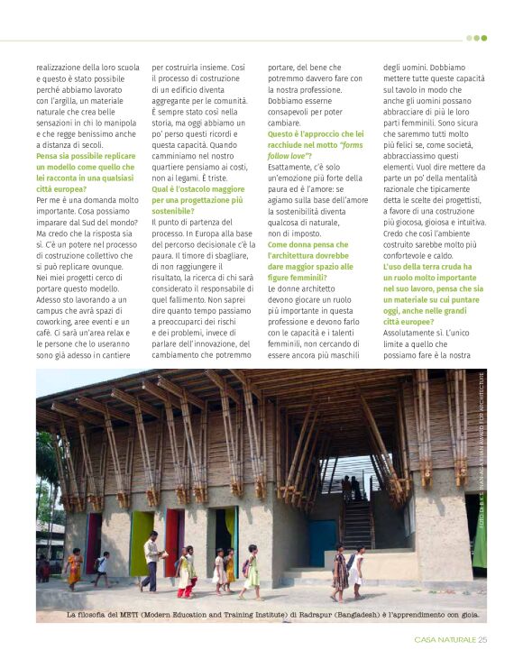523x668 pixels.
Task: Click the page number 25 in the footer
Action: pyautogui.click(x=482, y=640)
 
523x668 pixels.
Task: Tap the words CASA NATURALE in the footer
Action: pyautogui.click(x=445, y=640)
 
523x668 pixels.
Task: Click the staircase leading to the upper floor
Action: pyautogui.click(x=358, y=523)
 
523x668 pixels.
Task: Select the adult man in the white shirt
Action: pyautogui.click(x=151, y=560)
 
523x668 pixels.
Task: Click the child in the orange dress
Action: pyautogui.click(x=74, y=567)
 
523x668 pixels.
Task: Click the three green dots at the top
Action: pyautogui.click(x=477, y=38)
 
